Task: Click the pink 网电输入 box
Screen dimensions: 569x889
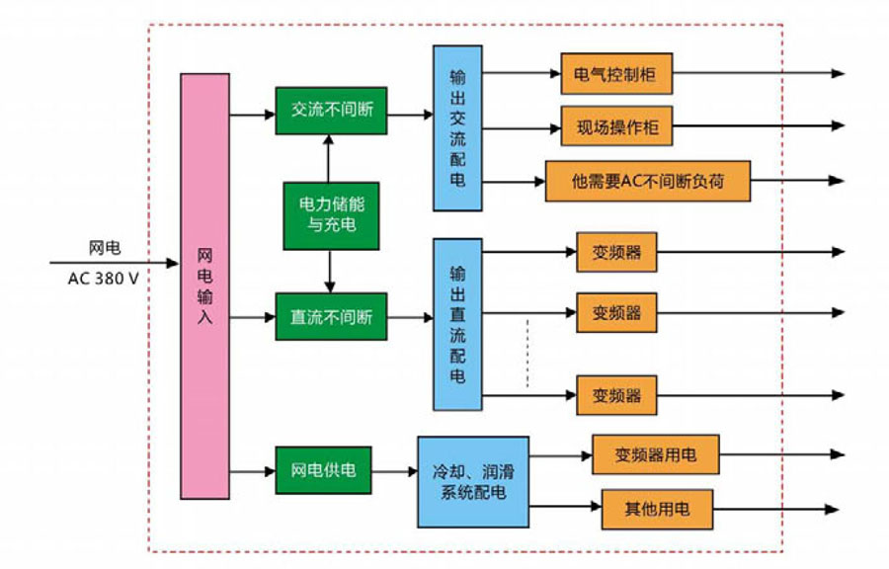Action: point(204,285)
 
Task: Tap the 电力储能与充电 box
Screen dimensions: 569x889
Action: point(331,215)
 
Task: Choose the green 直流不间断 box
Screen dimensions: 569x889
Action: point(331,317)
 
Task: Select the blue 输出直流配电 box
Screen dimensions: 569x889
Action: point(457,324)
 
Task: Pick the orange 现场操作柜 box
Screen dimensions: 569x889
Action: point(616,126)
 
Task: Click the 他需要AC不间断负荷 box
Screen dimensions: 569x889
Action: point(647,182)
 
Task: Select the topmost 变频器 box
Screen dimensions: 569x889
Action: point(616,252)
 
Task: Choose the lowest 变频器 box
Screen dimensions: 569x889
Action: point(616,395)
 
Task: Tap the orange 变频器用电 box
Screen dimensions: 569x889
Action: point(655,454)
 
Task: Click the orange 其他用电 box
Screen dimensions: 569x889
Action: point(656,510)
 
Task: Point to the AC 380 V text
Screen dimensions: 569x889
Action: point(104,279)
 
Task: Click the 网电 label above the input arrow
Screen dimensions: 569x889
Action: point(104,247)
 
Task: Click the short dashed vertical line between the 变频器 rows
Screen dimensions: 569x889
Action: point(526,353)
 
